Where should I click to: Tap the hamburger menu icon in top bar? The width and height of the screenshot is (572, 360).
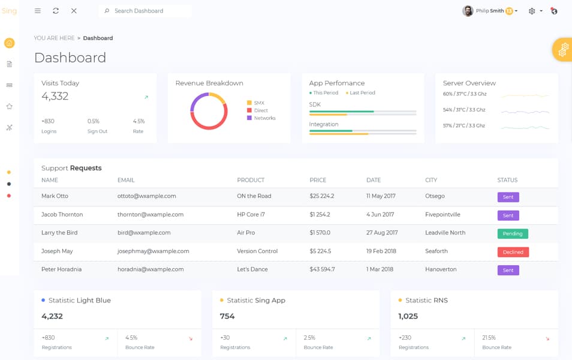pos(38,11)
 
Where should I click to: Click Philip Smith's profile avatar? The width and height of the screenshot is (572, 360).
pos(468,11)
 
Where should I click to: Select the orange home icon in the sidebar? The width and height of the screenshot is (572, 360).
pos(9,43)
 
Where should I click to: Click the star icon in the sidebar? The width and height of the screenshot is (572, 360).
pos(9,106)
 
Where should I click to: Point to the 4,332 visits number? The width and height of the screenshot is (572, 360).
pos(55,96)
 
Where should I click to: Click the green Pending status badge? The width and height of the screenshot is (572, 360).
pos(513,233)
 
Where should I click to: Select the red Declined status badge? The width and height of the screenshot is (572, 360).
pos(513,252)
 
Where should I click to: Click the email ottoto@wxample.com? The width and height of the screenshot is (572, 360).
pos(147,196)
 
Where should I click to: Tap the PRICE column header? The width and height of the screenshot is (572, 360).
pos(318,180)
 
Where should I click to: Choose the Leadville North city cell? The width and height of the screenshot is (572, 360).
pos(445,233)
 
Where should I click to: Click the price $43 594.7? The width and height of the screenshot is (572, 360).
pos(322,269)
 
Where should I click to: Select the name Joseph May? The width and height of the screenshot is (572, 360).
pos(57,251)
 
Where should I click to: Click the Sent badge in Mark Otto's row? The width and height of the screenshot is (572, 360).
pos(508,197)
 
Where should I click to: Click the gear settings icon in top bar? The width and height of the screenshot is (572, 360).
pos(532,11)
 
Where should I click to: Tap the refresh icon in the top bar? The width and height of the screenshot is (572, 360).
pos(56,11)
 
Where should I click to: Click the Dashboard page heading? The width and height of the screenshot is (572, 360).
pos(70,58)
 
